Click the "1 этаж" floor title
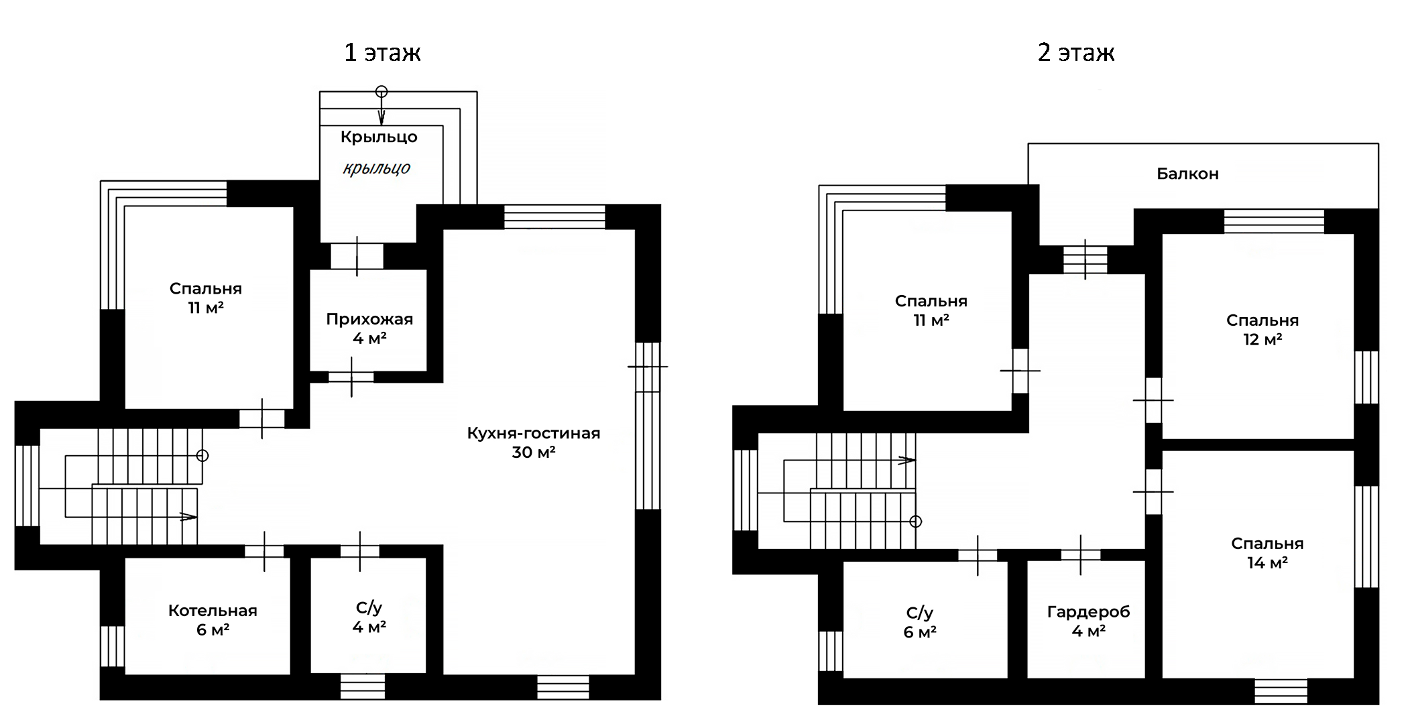click(x=382, y=52)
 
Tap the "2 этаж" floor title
click(x=1076, y=52)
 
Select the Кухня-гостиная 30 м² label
click(x=534, y=442)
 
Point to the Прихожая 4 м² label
click(x=369, y=328)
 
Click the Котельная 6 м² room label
click(x=213, y=620)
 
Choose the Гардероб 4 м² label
click(x=1088, y=621)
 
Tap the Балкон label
click(x=1187, y=174)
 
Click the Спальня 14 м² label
click(x=1267, y=553)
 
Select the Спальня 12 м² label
click(x=1263, y=330)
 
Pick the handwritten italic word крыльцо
click(x=376, y=168)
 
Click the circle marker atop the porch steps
click(x=382, y=91)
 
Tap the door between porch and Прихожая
click(x=357, y=256)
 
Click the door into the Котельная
click(x=264, y=551)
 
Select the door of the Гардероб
click(x=1081, y=555)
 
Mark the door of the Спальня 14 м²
click(x=1153, y=491)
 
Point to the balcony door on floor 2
click(x=1086, y=259)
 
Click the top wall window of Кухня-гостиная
click(x=554, y=217)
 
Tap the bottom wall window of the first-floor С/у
click(x=363, y=687)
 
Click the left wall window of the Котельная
click(x=112, y=646)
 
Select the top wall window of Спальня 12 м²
click(x=1275, y=221)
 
